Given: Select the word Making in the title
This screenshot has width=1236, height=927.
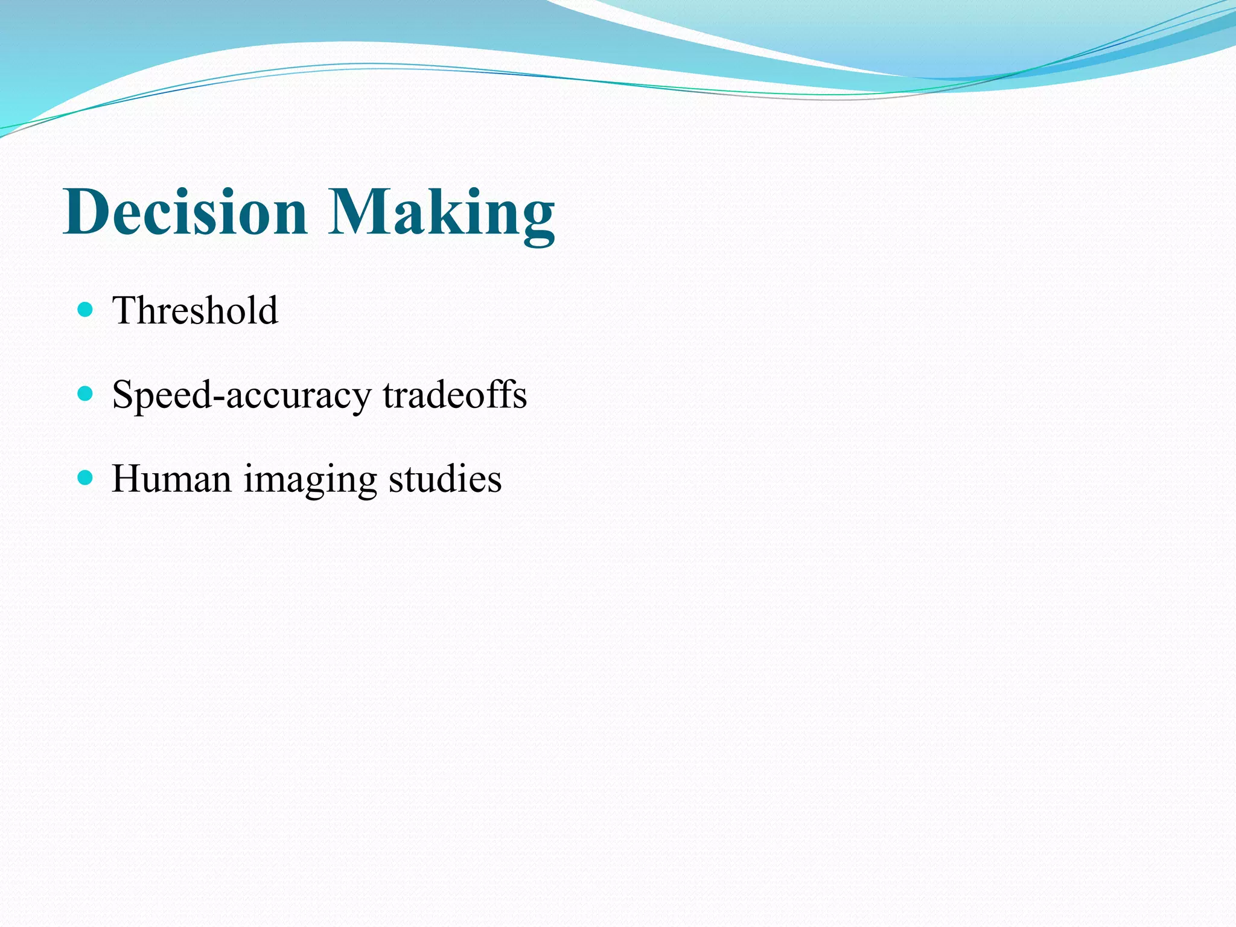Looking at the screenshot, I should click(x=441, y=212).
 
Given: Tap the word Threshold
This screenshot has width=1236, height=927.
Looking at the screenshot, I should click(x=195, y=311).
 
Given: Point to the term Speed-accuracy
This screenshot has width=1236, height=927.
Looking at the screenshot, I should click(x=241, y=395).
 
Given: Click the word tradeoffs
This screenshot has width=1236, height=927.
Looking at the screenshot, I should click(x=454, y=395).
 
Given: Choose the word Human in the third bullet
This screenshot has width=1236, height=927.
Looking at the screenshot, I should click(x=171, y=479).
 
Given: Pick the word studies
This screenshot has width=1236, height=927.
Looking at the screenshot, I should click(x=445, y=479).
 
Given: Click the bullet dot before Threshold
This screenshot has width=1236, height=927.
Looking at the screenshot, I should click(x=85, y=310).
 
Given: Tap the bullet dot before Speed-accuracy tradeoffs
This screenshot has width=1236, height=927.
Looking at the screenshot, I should click(x=85, y=394).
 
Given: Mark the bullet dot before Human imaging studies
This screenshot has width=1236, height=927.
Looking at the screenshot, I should click(x=85, y=478).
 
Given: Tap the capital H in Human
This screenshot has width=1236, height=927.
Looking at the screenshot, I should click(x=127, y=479).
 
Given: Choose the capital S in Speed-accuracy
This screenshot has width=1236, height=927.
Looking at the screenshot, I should click(x=123, y=395).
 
